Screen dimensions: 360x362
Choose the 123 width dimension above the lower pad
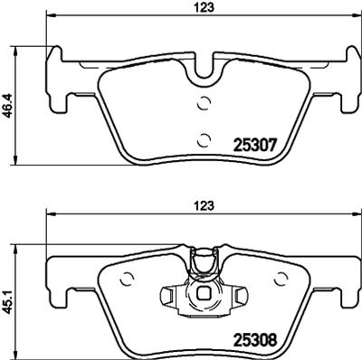pos(204,206)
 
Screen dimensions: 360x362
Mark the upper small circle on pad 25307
pos(205,102)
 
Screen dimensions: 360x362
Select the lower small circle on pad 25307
pos(205,137)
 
